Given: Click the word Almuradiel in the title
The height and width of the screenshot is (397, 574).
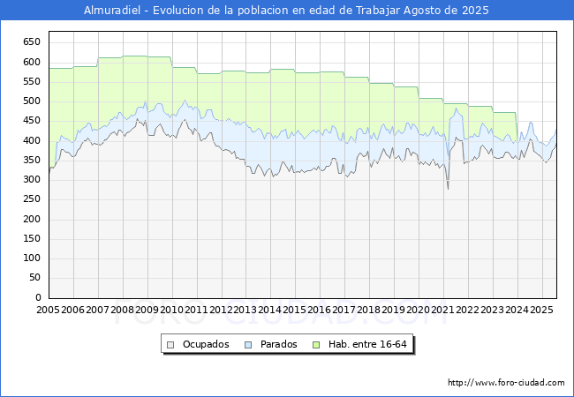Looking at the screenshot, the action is point(112,11).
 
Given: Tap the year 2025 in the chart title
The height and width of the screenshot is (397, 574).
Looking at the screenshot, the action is point(475,11).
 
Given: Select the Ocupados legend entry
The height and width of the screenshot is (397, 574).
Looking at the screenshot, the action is point(198,344).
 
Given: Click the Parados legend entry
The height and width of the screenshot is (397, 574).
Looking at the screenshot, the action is point(271,344).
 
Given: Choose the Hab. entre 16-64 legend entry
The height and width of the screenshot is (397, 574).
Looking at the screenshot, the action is point(359,344).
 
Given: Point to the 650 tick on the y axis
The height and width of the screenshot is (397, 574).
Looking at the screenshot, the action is point(32,42).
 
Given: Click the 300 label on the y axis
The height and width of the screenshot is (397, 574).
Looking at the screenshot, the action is point(32,179).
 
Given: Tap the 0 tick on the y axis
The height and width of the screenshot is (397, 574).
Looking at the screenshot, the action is point(38,297).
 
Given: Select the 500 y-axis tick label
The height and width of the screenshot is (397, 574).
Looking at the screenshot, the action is point(32,101).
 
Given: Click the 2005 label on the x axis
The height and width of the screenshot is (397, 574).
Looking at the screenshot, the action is point(48,310).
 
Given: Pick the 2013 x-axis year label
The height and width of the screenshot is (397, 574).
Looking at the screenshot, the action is point(245,310).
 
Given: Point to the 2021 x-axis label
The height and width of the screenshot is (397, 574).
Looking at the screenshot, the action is point(443,310).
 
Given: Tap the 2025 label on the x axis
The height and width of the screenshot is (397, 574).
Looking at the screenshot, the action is point(541,310).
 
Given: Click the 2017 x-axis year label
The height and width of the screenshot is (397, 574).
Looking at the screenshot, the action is point(344,310).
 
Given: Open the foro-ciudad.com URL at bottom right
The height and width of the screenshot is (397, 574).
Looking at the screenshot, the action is point(506,383).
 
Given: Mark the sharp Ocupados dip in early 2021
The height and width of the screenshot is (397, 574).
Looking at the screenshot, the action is point(448,189).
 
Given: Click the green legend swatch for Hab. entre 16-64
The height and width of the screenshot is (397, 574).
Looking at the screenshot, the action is point(316,345).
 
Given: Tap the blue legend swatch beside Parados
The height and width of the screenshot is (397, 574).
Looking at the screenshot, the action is point(248,345).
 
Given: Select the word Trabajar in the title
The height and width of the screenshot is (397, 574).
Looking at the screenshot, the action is point(378,11).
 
